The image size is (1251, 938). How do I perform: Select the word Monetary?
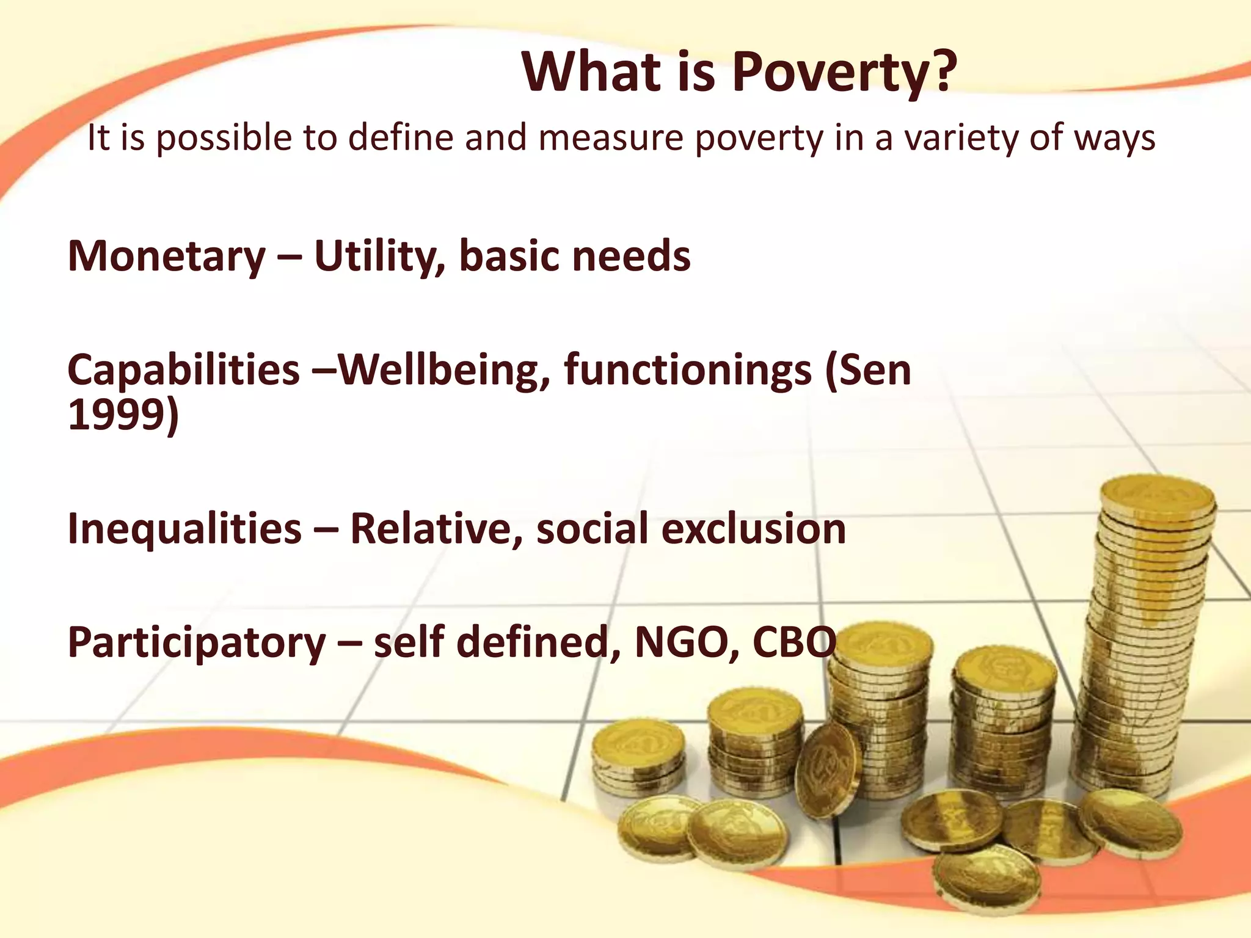point(166,256)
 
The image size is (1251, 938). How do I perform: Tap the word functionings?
point(687,371)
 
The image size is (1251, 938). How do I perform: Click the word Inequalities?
point(184,529)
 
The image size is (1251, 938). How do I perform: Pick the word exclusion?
point(754,529)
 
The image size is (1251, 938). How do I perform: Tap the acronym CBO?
point(794,642)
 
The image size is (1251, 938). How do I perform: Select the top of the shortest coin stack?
point(638,740)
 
